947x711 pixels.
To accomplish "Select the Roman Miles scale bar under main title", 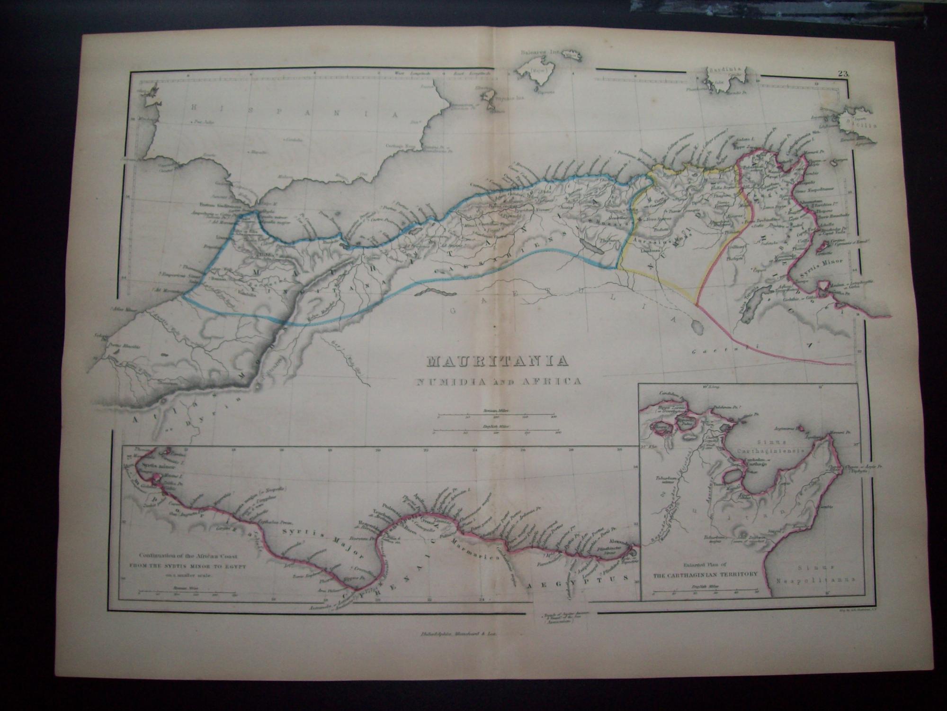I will pos(495,418).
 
